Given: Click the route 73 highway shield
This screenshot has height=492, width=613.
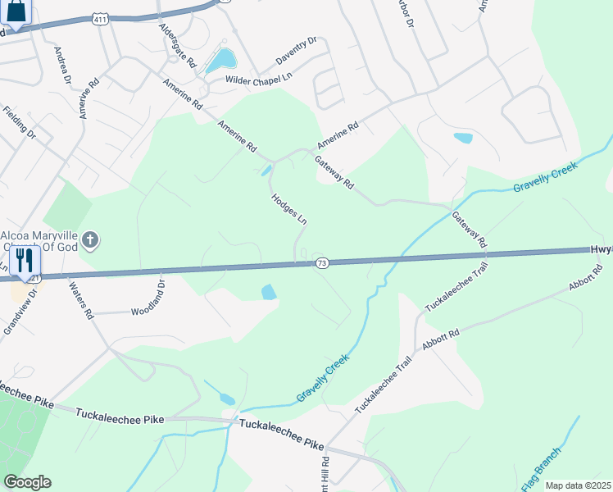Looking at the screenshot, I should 321,262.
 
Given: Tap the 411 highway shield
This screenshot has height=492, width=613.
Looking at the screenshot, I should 99,18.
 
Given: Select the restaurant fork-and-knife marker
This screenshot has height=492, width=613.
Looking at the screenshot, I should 24,262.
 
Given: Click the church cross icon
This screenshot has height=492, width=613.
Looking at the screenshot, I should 90,240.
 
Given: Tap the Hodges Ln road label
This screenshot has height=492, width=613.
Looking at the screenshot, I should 288,209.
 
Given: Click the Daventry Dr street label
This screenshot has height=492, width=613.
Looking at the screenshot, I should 296,51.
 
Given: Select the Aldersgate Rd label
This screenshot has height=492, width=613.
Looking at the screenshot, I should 179,45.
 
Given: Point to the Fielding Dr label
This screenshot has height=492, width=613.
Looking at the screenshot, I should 20,121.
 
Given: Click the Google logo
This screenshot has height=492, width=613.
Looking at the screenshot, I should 27,482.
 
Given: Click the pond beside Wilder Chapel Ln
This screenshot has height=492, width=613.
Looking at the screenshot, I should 221,59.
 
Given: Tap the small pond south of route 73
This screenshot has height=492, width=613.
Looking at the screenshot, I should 268,292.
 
